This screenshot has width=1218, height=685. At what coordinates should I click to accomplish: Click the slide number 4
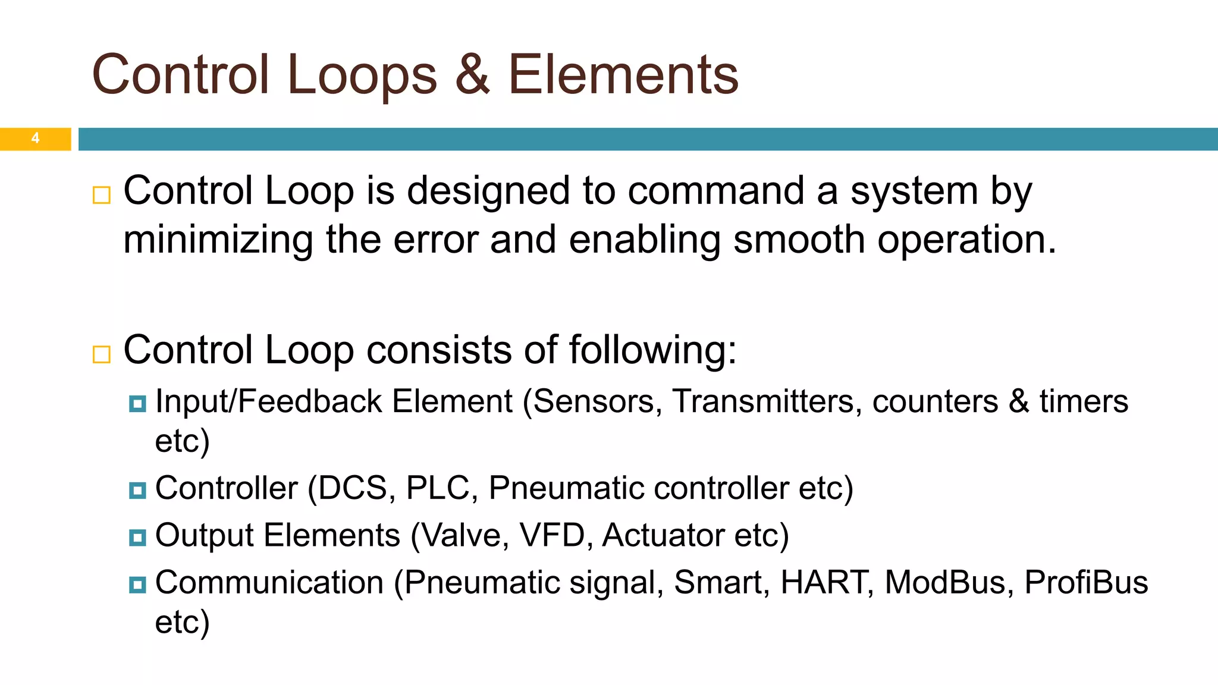[36, 139]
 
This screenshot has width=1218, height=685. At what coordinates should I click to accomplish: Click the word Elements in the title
[623, 75]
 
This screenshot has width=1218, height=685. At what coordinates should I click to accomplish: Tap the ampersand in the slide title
[473, 75]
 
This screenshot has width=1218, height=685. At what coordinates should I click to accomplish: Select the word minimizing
[218, 240]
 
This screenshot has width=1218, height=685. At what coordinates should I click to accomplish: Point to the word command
[715, 191]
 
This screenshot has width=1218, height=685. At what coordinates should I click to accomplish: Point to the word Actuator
[663, 535]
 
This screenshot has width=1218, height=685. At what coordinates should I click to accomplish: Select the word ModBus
[949, 582]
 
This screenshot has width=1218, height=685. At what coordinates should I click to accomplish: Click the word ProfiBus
[1086, 582]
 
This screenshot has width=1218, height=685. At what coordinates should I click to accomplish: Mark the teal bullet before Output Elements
[137, 538]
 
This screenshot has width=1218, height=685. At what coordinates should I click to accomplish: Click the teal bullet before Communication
[137, 585]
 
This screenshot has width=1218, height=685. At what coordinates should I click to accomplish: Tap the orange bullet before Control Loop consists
[102, 354]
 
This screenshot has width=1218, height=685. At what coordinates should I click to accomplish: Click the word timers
[1084, 401]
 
